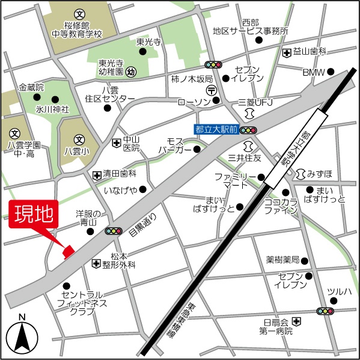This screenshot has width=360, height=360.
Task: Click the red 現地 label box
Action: tap(33, 214)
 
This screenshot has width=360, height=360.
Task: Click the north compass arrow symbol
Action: tap(22, 338)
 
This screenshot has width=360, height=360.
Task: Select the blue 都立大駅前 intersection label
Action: tap(216, 129)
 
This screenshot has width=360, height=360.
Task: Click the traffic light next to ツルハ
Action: tap(325, 311)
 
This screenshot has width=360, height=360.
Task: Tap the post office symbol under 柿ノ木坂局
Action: tap(212, 90)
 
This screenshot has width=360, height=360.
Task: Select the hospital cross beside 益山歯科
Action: tap(287, 52)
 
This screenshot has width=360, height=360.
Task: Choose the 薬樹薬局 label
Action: tap(282, 260)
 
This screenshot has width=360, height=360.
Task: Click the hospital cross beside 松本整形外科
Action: tap(96, 263)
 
